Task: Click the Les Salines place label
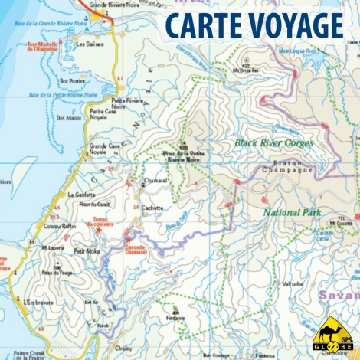(90, 44)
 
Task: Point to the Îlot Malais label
(69, 119)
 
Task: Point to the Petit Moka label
(87, 251)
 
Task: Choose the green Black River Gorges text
(270, 142)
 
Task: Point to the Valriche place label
(292, 283)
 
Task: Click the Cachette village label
(153, 208)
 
